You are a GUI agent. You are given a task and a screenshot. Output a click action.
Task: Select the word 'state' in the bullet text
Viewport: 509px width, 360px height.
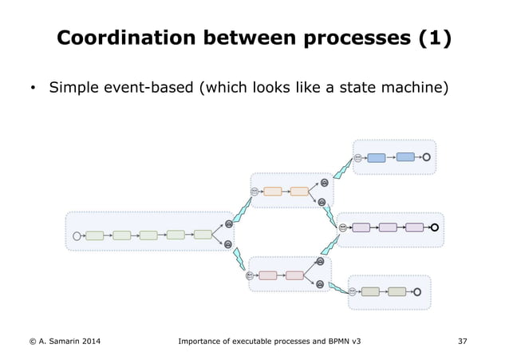pos(357,86)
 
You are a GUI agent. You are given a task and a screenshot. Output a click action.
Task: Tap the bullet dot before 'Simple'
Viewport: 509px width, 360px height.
pos(31,87)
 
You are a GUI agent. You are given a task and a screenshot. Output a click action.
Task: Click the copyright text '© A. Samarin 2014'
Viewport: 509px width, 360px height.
pos(60,342)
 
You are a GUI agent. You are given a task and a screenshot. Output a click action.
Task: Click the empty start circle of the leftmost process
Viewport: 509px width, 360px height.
pos(77,235)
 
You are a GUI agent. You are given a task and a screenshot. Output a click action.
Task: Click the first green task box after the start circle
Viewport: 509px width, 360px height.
pos(95,235)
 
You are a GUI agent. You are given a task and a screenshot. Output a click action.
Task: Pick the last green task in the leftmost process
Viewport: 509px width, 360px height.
pos(203,234)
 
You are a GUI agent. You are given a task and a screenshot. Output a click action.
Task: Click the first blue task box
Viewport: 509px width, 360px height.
pos(377,157)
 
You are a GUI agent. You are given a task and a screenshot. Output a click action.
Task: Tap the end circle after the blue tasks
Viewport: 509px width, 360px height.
pos(428,157)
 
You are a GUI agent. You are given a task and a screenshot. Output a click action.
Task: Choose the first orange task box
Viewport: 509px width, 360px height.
pos(272,192)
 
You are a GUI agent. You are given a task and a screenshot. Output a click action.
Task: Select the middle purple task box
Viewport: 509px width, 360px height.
pos(388,227)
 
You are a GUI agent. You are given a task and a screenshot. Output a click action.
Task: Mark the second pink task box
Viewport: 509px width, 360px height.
pos(294,275)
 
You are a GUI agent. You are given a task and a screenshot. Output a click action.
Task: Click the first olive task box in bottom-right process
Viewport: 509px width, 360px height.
pos(370,291)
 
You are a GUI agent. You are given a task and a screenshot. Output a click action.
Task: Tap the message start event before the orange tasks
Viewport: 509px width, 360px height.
pos(254,192)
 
